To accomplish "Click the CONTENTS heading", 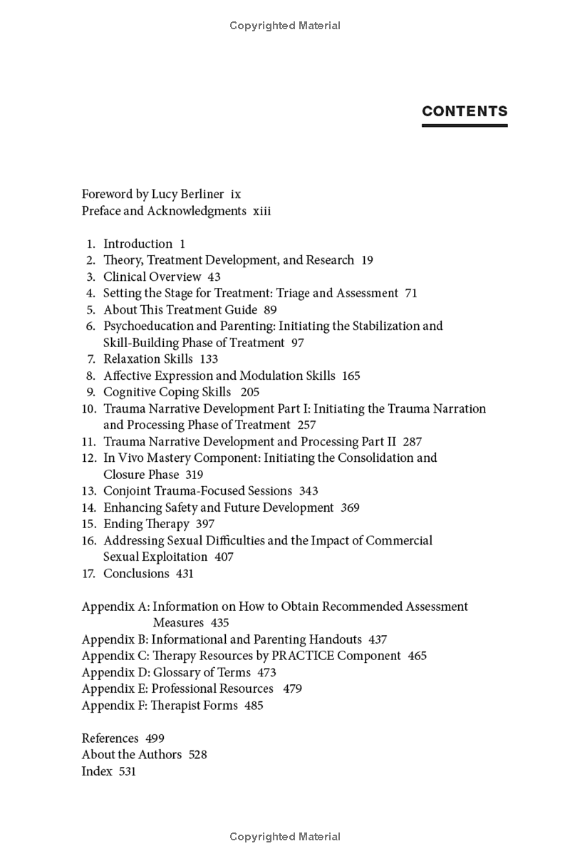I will coord(465,111).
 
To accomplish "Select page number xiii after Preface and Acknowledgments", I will coord(261,211).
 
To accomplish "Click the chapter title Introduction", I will coord(138,244).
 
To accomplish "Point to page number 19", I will coord(367,260).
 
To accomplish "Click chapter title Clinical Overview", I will coord(152,277).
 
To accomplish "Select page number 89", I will coord(270,310).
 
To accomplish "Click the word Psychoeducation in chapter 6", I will coord(147,326).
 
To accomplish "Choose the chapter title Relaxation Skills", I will coord(148,359).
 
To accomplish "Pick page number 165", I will coord(351,376).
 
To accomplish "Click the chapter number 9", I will coord(90,392).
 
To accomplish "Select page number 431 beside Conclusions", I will coord(185,574).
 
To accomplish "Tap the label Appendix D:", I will coord(115,672).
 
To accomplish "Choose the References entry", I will coord(110,738).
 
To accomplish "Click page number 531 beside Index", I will coord(128,771).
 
